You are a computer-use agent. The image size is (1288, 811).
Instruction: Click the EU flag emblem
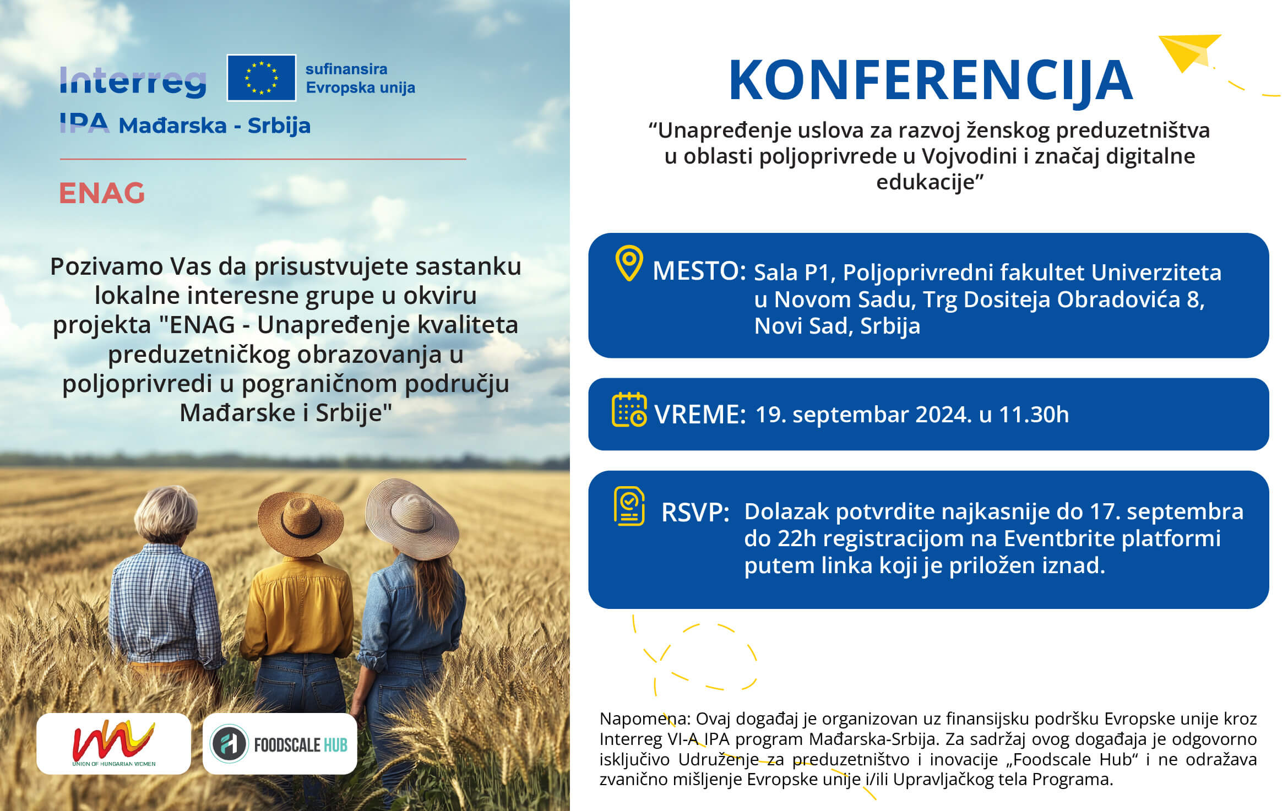[x=262, y=78]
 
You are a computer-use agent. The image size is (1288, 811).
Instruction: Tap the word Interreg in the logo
[x=133, y=83]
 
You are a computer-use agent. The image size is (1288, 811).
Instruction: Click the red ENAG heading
[x=102, y=193]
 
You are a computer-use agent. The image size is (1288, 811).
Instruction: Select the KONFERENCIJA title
[x=931, y=80]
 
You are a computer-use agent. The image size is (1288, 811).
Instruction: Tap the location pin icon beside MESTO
[x=629, y=263]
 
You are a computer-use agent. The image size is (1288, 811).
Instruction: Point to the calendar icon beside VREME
[x=629, y=410]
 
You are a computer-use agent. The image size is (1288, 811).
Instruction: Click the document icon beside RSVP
[x=629, y=506]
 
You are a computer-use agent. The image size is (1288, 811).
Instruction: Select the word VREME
[x=700, y=415]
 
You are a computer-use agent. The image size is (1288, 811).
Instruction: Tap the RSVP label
[x=695, y=513]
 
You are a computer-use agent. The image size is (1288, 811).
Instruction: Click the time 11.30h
[x=1034, y=415]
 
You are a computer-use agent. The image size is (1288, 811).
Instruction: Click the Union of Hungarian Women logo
[x=114, y=743]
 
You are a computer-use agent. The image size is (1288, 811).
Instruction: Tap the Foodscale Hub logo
[x=280, y=743]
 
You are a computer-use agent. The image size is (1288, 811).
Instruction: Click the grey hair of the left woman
[x=166, y=513]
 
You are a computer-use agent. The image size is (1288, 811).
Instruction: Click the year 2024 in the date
[x=943, y=415]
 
